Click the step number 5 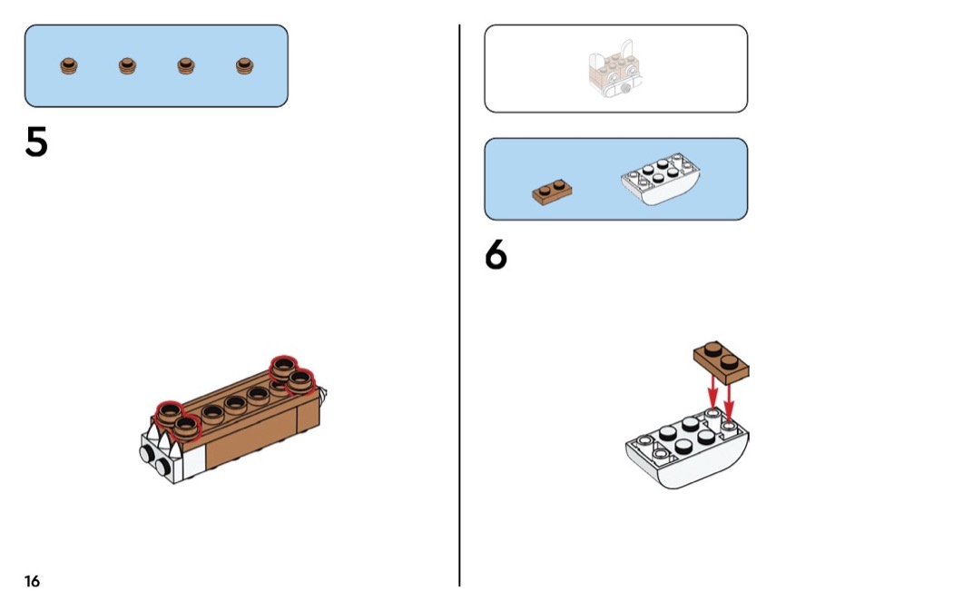tap(36, 143)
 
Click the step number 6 tap(496, 256)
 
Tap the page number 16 tap(32, 581)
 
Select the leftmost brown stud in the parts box tap(69, 65)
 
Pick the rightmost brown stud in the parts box tap(243, 65)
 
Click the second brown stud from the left tap(127, 65)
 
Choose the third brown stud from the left tap(185, 65)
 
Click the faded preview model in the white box tap(614, 71)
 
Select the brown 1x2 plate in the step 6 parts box tap(551, 191)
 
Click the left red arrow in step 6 tap(712, 392)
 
